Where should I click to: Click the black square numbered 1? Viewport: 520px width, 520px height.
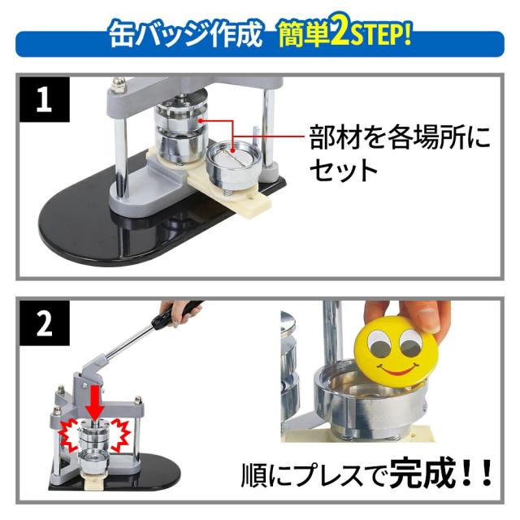point(45,99)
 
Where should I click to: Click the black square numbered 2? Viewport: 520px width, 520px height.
point(45,323)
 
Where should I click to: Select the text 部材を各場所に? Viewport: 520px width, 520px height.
point(399,136)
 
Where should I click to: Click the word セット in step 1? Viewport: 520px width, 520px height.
point(344,170)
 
